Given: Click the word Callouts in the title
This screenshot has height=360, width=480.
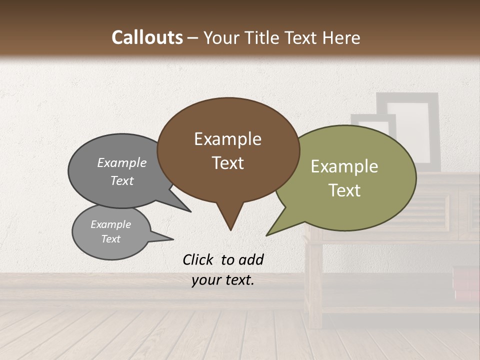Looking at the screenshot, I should (x=147, y=38).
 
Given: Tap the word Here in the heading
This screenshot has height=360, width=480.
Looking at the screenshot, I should (x=341, y=38).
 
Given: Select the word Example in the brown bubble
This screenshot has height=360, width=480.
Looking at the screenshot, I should (x=227, y=139).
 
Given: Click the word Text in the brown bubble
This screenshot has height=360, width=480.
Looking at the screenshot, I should (x=227, y=162).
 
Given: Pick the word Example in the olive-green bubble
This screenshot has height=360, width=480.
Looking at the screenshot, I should (x=344, y=166).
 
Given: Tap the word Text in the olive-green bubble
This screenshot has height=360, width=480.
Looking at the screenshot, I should (x=344, y=190).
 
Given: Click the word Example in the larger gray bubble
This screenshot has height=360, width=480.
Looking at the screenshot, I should (x=121, y=162).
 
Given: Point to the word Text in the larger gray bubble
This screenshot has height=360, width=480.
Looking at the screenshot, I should (x=121, y=180).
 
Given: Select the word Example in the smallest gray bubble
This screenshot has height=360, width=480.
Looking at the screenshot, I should (x=110, y=224).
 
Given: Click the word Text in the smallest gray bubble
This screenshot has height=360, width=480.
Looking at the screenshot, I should (x=110, y=239).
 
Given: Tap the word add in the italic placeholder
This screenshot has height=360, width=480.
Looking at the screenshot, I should (x=250, y=259).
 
